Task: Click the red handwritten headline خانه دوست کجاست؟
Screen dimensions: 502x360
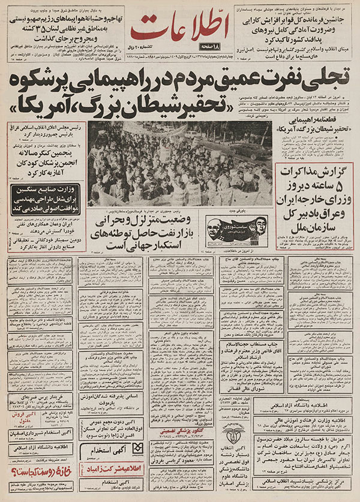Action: tap(38, 479)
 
